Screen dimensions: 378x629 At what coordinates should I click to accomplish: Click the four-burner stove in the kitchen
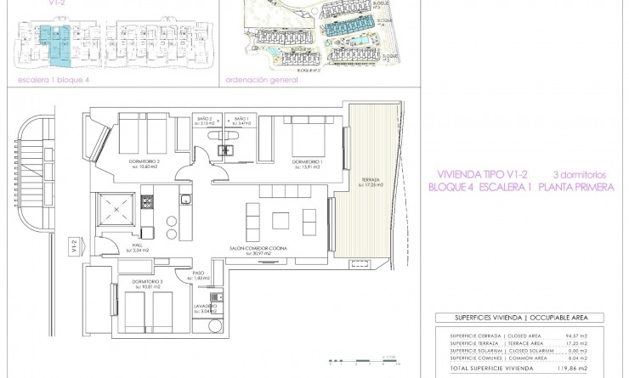[146, 203]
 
